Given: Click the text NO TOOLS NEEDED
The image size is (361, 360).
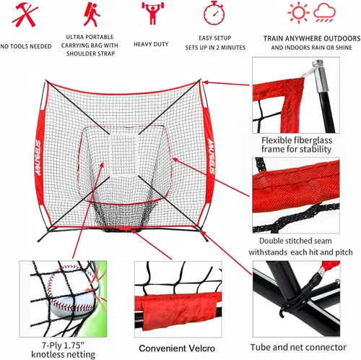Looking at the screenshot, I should point(25,46).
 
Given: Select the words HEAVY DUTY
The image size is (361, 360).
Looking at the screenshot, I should point(151,44).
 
